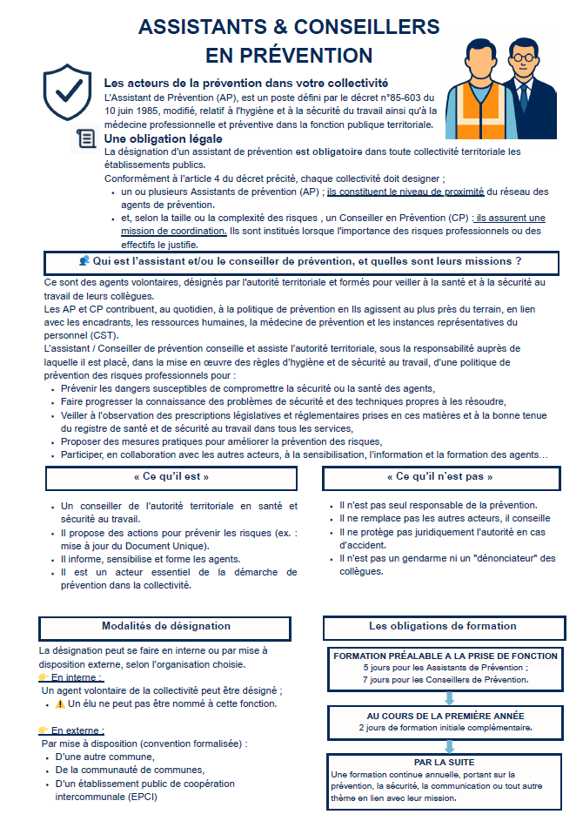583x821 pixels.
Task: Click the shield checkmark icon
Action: tap(68, 90)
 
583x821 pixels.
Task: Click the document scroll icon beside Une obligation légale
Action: tap(86, 138)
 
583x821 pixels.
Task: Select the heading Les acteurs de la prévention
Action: tap(245, 83)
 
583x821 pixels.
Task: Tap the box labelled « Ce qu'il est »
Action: tap(171, 477)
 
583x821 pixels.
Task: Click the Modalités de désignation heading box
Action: tap(166, 626)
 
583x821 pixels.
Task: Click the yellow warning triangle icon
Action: tap(60, 703)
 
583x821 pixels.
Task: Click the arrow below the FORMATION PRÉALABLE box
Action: tap(449, 697)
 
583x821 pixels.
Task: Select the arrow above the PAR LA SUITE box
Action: tap(449, 746)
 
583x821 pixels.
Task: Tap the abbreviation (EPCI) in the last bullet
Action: tap(143, 797)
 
